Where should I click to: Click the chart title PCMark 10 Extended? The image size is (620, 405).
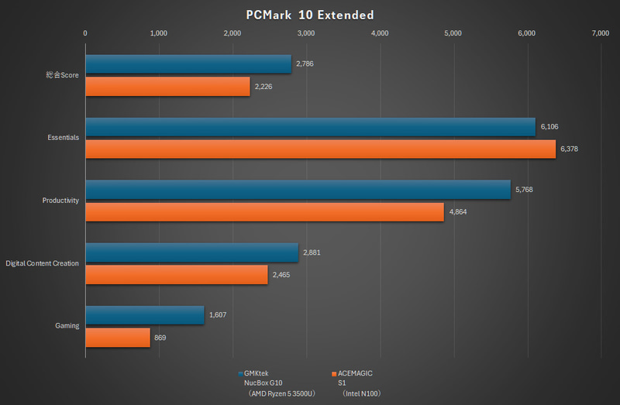pos(309,15)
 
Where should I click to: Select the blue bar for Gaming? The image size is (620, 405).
pos(144,315)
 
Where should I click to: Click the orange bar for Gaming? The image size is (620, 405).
pos(117,338)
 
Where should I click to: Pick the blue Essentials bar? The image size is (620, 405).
pos(310,127)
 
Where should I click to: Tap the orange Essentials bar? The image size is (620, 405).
pos(320,149)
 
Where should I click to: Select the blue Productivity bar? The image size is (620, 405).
pos(298,190)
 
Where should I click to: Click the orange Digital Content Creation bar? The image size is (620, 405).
pos(176,275)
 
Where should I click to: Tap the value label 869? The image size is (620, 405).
pos(160,338)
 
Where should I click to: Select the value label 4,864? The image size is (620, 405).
pos(459,212)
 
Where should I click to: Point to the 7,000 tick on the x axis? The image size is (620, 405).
pos(600,33)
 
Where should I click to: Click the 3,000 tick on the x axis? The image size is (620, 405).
pos(305,33)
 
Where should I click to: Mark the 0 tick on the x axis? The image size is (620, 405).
pos(84,33)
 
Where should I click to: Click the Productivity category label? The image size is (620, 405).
pos(60,201)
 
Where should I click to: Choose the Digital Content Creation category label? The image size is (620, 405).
pos(42,263)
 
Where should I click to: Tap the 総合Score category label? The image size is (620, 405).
pos(62,76)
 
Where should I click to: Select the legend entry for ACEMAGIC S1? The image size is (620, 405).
pos(353,383)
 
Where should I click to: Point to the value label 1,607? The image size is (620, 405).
pos(219,315)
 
